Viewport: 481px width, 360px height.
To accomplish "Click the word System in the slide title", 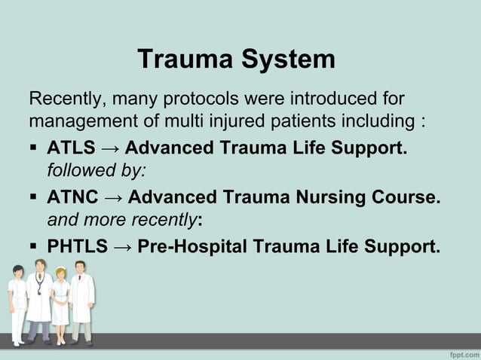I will (287, 59).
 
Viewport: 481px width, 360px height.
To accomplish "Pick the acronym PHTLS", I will (78, 246).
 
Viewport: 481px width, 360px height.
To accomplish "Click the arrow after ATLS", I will (114, 148).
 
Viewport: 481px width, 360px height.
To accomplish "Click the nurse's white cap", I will (60, 268).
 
